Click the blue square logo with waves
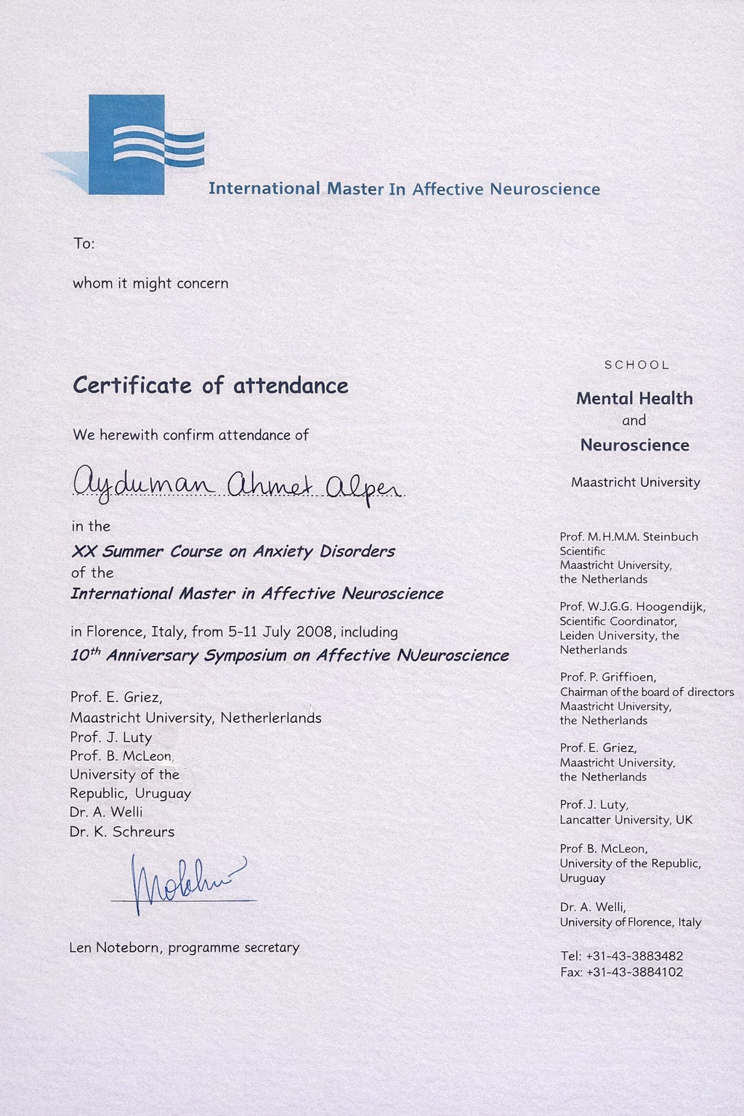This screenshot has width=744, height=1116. click(127, 145)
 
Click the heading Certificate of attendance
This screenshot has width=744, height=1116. click(211, 385)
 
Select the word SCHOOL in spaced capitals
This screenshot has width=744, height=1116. click(636, 365)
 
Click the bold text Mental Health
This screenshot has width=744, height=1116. click(634, 398)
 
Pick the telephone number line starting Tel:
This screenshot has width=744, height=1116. click(621, 956)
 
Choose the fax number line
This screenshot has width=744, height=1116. click(621, 972)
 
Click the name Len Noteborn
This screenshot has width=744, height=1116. click(116, 947)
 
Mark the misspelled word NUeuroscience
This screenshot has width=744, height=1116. click(453, 655)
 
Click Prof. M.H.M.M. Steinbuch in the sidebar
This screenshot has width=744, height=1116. click(628, 537)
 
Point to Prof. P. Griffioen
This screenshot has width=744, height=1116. click(608, 677)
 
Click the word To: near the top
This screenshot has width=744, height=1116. click(84, 243)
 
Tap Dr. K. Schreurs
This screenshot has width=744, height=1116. click(122, 832)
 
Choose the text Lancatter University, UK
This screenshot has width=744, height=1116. click(626, 820)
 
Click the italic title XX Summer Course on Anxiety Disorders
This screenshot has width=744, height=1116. click(233, 551)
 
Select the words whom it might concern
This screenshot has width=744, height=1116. click(150, 283)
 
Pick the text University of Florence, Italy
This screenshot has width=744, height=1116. click(630, 922)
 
